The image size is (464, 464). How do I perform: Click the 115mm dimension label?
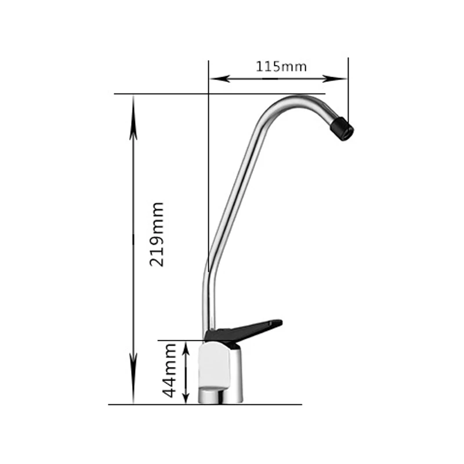point(281,66)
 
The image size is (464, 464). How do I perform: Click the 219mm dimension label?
point(157,234)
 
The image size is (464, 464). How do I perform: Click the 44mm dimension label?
point(169,369)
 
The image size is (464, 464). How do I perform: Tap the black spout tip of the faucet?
point(342,128)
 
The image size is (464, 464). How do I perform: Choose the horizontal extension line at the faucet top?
point(162,93)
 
